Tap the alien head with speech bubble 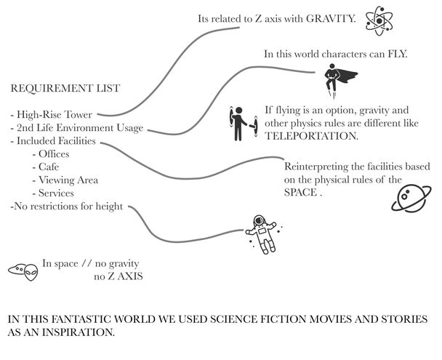click(x=24, y=271)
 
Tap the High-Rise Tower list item click(x=52, y=114)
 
